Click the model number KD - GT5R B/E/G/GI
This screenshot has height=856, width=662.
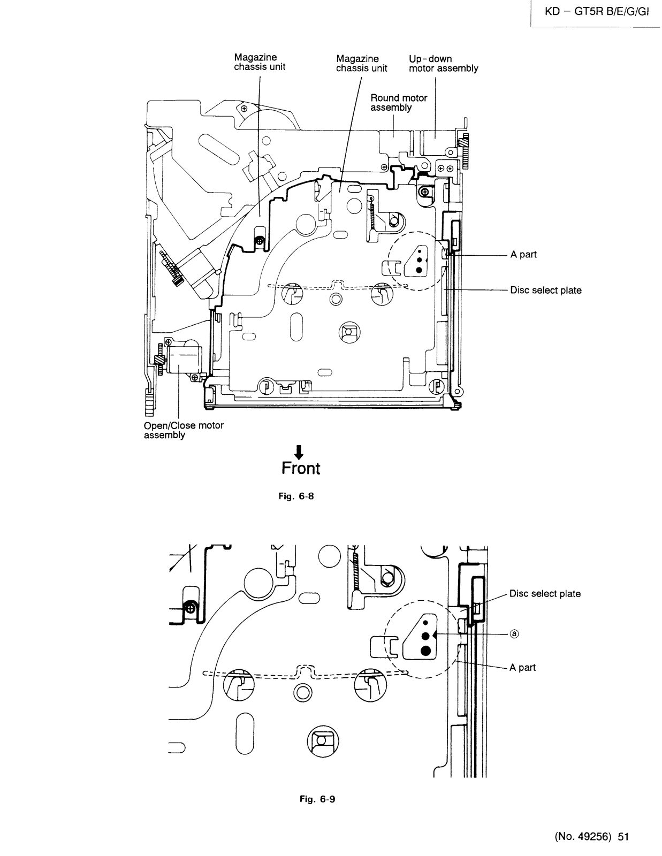point(597,12)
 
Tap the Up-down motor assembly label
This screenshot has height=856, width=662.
point(443,64)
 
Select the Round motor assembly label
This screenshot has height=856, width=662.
point(399,102)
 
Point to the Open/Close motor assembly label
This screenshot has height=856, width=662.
point(184,430)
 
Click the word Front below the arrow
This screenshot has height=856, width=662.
point(301,468)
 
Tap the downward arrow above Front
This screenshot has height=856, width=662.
point(300,452)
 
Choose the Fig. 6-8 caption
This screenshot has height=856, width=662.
point(296,496)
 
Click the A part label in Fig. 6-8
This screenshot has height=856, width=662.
point(523,255)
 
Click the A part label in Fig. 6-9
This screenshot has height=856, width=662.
point(522,667)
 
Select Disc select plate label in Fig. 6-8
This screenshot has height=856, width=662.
point(546,291)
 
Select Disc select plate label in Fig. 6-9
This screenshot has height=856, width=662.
point(545,594)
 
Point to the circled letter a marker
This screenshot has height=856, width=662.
point(514,634)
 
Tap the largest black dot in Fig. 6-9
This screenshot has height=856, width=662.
point(425,651)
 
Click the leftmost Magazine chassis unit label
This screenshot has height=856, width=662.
point(259,62)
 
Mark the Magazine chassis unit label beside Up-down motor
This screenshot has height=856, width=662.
point(361,64)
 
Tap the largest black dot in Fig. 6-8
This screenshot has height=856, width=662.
point(419,270)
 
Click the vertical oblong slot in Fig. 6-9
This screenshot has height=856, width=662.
point(245,733)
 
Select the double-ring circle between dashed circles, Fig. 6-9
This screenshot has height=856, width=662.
point(302,692)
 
